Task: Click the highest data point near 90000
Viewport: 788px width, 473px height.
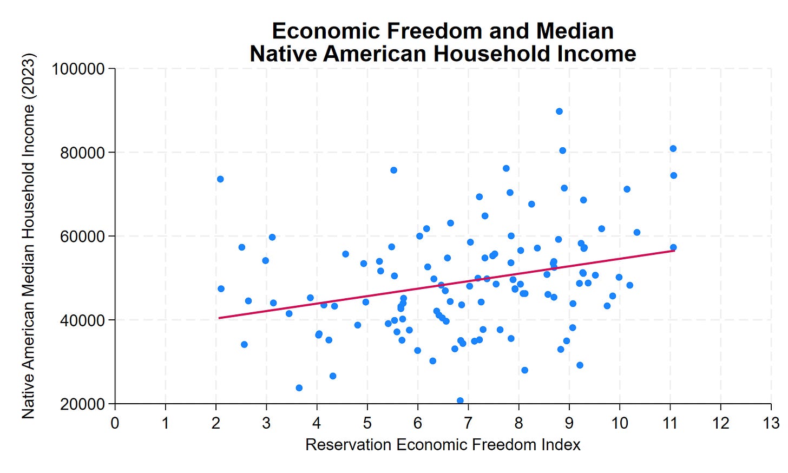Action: pos(559,111)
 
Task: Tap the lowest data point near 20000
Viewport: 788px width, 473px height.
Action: pos(460,401)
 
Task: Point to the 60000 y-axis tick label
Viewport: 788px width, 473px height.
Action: pos(82,236)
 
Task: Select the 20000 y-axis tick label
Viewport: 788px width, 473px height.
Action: pos(82,404)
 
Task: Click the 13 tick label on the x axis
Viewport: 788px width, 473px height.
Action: pos(771,423)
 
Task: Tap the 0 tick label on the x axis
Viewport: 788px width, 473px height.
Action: pos(115,423)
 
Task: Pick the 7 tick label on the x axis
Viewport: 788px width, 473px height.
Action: pos(468,423)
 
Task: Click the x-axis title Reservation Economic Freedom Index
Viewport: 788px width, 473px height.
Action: pos(443,445)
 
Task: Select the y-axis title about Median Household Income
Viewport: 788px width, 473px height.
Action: pos(28,235)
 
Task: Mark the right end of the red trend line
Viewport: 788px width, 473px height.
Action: pos(674,251)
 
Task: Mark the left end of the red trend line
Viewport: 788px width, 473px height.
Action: pos(219,318)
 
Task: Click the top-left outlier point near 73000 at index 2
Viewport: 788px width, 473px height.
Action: pos(220,179)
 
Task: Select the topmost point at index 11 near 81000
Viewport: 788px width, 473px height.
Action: pos(673,149)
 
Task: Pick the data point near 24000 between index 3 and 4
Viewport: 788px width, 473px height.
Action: pos(299,388)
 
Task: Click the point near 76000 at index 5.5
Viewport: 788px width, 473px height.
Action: pos(393,170)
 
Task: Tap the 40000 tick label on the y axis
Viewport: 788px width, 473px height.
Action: pos(82,320)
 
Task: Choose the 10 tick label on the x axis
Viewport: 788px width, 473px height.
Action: pos(620,423)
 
